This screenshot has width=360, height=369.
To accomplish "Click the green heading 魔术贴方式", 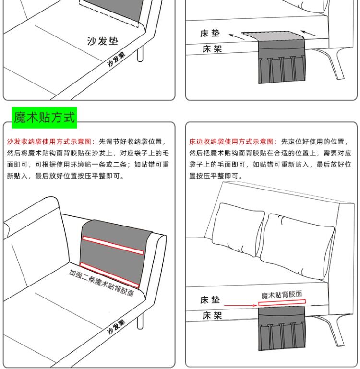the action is [44, 117].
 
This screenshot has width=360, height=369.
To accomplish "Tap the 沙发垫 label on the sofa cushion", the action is [102, 41].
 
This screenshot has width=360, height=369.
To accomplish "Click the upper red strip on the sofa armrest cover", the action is [113, 245].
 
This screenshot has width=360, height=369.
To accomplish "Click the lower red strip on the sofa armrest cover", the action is [109, 274].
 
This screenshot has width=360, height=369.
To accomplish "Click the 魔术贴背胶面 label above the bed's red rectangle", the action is [282, 295].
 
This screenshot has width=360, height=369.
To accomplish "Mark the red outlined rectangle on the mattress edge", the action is [282, 303].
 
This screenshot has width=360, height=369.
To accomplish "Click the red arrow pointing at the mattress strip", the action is [240, 305].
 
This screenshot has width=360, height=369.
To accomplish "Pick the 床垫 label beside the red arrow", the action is [210, 300].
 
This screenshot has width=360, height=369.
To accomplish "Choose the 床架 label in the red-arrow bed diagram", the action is [212, 316].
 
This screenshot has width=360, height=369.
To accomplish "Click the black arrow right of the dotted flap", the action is [310, 34].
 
